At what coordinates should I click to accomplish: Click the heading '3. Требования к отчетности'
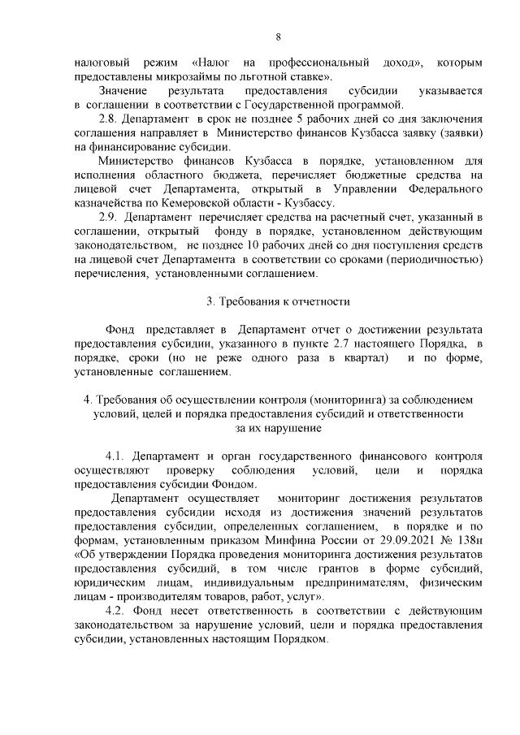click(278, 302)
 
